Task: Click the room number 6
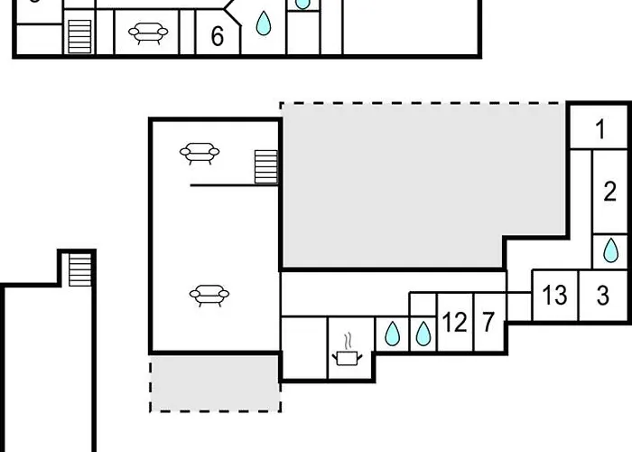(x=218, y=36)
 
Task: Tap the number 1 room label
(x=600, y=129)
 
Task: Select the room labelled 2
(x=609, y=192)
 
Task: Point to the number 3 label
(x=602, y=295)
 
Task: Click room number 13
(x=554, y=295)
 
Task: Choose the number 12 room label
(x=455, y=323)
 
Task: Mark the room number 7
(x=488, y=322)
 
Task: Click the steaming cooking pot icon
(x=347, y=350)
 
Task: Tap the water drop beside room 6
(x=264, y=23)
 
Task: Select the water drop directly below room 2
(x=610, y=250)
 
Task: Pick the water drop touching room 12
(x=423, y=334)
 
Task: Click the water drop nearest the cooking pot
(x=392, y=334)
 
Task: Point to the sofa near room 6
(x=148, y=33)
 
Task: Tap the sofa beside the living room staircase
(x=200, y=154)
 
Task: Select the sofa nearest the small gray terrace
(x=209, y=296)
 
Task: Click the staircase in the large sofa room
(x=266, y=166)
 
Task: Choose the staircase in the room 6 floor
(x=79, y=36)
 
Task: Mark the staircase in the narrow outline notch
(x=79, y=269)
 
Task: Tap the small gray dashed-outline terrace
(x=215, y=383)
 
